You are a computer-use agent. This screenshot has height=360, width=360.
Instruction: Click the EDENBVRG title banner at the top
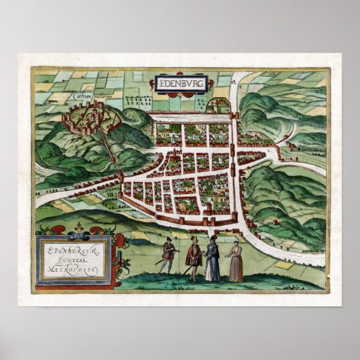coord(180,85)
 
